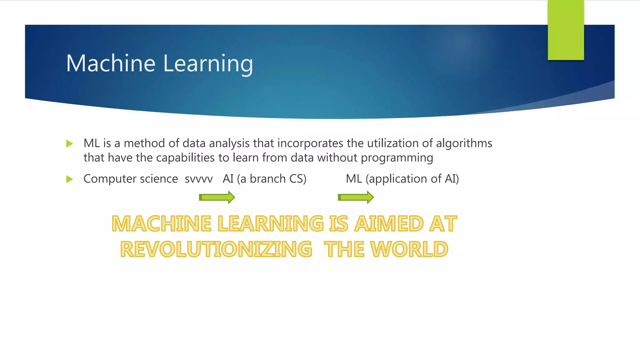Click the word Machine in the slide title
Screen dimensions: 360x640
pyautogui.click(x=111, y=63)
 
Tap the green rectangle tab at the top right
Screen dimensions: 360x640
pyautogui.click(x=566, y=30)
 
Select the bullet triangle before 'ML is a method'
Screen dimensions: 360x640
pyautogui.click(x=70, y=144)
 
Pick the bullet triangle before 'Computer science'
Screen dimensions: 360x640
pyautogui.click(x=70, y=179)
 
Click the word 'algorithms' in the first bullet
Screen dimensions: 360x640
pyautogui.click(x=464, y=143)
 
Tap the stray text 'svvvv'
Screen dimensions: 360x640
pyautogui.click(x=198, y=179)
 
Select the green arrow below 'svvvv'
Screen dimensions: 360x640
pyautogui.click(x=217, y=197)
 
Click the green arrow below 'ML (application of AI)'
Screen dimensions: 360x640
pyautogui.click(x=356, y=197)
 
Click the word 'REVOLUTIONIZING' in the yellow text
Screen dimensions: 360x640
pyautogui.click(x=216, y=249)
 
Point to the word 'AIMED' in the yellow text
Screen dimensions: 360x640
pyautogui.click(x=389, y=224)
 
